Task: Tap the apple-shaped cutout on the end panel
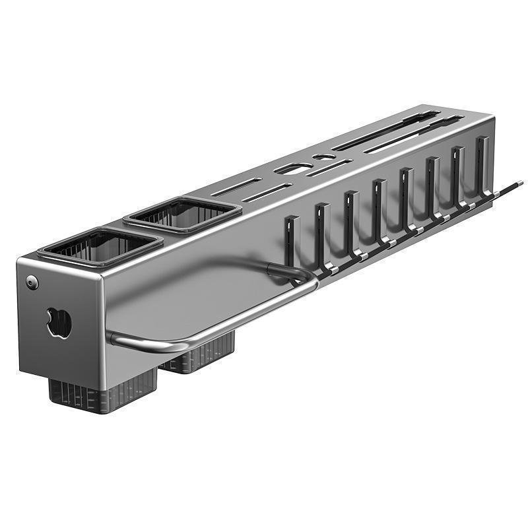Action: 59,323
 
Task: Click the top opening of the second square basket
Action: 183,214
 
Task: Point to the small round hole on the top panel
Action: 323,157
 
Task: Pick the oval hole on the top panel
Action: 292,169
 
